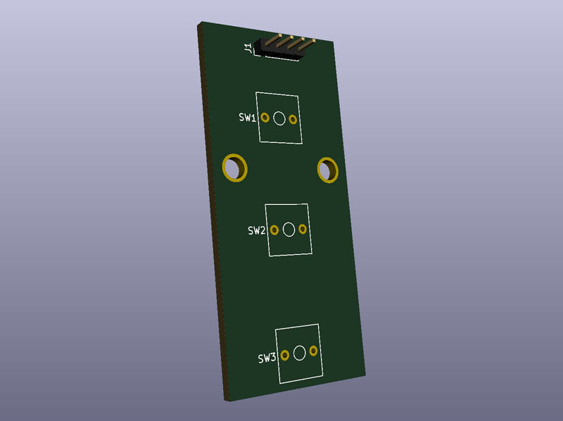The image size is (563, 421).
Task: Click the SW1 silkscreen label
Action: (248, 117)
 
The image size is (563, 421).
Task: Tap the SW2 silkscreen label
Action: (256, 230)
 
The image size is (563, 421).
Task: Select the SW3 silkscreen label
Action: (267, 358)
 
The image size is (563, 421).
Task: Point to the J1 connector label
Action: (248, 47)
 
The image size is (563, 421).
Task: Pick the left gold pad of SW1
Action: (265, 118)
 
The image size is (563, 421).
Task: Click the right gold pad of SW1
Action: (293, 119)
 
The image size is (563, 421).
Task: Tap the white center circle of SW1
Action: (279, 118)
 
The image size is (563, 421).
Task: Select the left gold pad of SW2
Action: (274, 230)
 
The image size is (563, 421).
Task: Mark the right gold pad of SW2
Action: (303, 229)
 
